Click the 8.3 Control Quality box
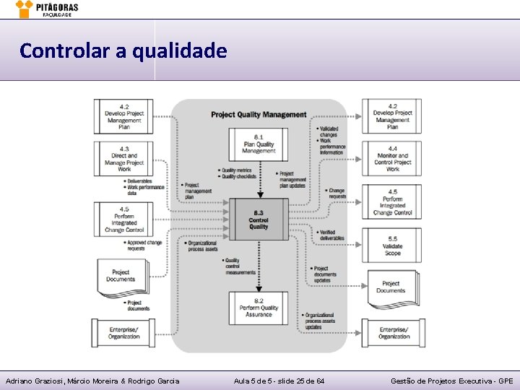click(259, 219)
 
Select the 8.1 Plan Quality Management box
click(259, 144)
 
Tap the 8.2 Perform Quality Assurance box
click(259, 307)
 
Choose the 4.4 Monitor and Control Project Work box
click(392, 162)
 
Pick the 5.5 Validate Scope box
click(392, 246)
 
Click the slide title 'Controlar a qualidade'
click(123, 51)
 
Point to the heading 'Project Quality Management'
click(259, 114)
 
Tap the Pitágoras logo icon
click(24, 9)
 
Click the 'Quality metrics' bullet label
click(238, 171)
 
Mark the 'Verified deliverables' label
click(331, 235)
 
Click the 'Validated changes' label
click(329, 131)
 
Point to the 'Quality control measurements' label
click(240, 266)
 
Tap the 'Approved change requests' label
click(144, 246)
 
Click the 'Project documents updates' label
click(324, 274)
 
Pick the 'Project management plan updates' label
click(292, 179)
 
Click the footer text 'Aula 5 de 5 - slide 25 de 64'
click(279, 381)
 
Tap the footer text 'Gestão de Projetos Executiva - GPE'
click(451, 381)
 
